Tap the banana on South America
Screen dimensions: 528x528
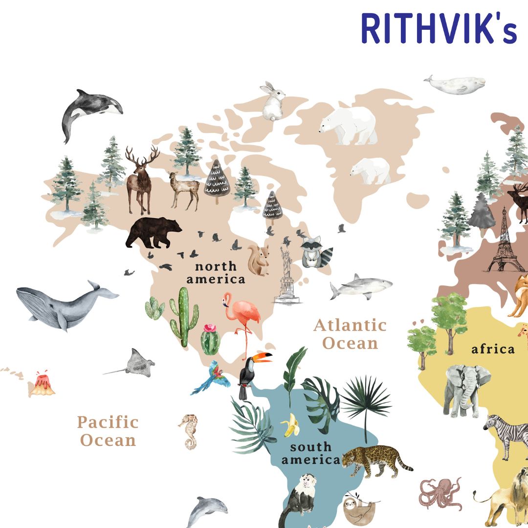pos(291,425)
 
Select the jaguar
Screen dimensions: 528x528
pos(374,460)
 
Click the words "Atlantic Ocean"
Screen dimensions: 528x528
pos(350,334)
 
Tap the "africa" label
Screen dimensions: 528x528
pos(493,349)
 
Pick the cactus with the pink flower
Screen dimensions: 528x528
pos(210,338)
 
